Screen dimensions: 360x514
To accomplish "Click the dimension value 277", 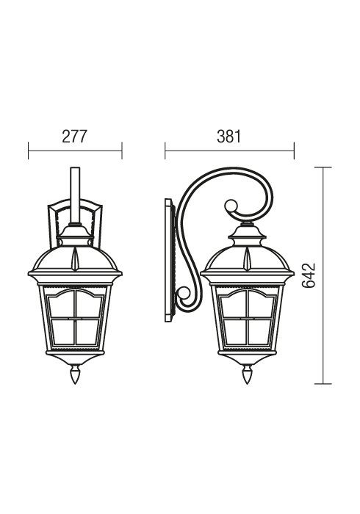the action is [x=75, y=137].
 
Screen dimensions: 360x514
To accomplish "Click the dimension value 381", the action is [x=228, y=137].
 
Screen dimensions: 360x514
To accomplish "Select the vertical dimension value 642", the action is [x=309, y=275].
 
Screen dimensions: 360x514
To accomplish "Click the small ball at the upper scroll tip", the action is [x=231, y=205].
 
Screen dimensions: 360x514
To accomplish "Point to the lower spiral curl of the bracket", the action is [x=184, y=296].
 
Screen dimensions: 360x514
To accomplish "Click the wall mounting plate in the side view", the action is [x=170, y=260].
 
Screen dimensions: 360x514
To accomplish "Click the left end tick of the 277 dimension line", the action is [x=29, y=151].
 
